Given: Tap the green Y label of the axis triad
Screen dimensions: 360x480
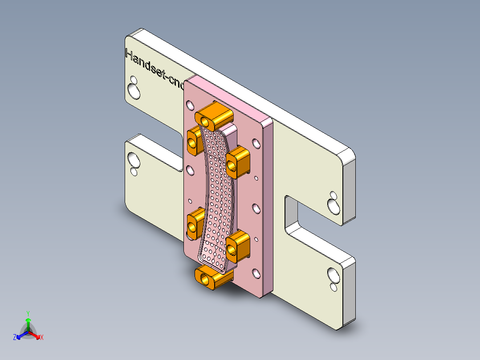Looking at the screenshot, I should click(x=28, y=313).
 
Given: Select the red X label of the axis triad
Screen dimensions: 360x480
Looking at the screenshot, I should click(x=42, y=338).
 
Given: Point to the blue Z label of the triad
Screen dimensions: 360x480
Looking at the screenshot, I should click(x=15, y=338).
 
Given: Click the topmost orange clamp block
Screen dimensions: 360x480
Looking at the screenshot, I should click(x=215, y=115).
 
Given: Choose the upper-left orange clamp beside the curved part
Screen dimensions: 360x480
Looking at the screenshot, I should click(x=195, y=140).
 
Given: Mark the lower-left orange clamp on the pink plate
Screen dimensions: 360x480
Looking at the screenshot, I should click(x=194, y=225).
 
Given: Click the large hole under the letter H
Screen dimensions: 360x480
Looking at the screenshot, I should click(x=133, y=91).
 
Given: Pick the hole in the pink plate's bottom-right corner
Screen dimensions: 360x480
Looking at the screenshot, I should click(x=256, y=273).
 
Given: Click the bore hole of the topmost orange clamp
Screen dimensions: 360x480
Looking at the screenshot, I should click(x=205, y=121).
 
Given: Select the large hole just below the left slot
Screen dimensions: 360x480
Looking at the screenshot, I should click(x=133, y=158).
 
